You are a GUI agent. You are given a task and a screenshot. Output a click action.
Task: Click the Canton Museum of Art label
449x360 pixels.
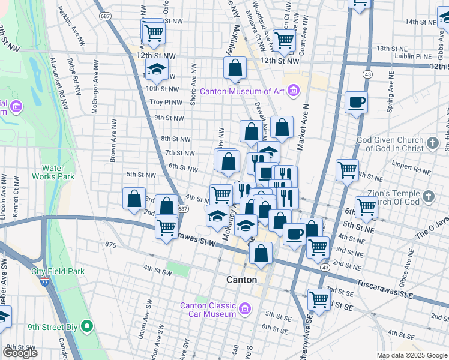coord(243,91)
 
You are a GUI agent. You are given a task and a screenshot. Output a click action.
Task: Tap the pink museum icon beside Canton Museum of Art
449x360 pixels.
coord(294,91)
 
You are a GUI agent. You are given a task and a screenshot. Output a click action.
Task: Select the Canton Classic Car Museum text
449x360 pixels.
coord(208,310)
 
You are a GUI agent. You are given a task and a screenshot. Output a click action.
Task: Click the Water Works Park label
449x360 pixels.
coord(58,172)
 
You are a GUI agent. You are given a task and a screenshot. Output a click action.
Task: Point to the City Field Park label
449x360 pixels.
coord(58,271)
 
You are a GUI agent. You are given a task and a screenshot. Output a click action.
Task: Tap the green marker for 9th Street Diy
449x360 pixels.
coord(87,327)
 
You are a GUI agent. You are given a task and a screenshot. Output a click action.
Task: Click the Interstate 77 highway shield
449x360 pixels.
coord(43,281)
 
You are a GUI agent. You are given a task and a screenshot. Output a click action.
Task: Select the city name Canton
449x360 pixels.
coord(241,280)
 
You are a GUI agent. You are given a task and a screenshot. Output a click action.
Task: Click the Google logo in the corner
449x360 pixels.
coord(20,353)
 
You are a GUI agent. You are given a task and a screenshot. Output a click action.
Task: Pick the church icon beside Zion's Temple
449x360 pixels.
coord(428,196)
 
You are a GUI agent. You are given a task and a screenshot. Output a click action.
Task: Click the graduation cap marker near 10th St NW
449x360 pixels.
coord(157,69)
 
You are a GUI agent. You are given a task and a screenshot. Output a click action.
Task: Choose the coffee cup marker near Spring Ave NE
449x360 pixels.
coord(357,103)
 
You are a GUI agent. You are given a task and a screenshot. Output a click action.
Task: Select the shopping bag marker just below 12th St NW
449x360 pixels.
coord(235,68)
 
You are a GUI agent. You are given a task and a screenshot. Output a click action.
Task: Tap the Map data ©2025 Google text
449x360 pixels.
coord(411,355)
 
